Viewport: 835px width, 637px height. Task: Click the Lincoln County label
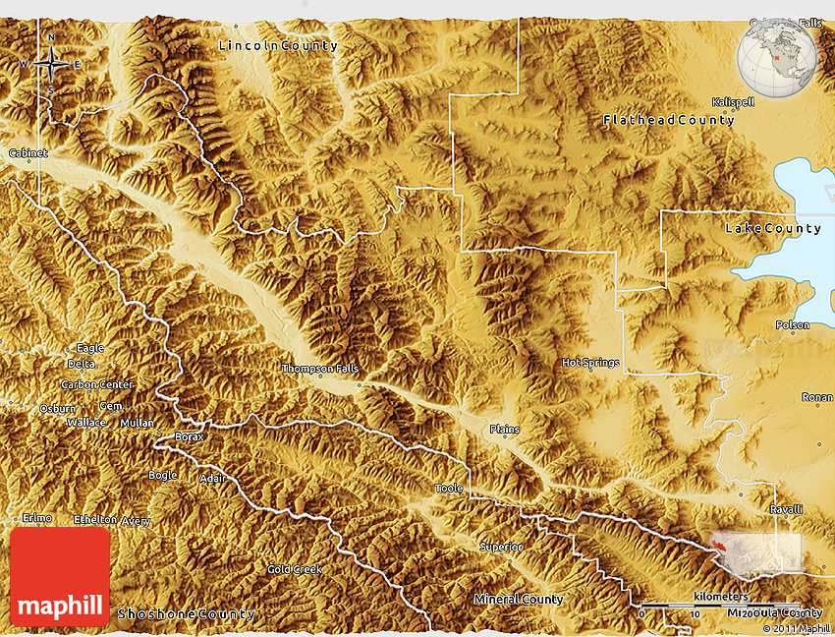(x=278, y=45)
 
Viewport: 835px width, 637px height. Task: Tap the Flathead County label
(x=669, y=120)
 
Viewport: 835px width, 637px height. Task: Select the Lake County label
(x=773, y=228)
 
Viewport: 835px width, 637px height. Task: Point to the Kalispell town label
(x=733, y=102)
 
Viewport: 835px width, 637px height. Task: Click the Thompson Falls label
(x=320, y=369)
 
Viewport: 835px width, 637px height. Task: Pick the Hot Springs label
(x=590, y=363)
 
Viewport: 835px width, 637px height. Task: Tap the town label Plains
(x=505, y=430)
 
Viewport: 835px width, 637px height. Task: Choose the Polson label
(x=793, y=325)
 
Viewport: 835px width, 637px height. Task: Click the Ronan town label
(x=817, y=397)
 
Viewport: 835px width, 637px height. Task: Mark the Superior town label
(x=501, y=547)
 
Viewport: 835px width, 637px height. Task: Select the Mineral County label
(x=519, y=599)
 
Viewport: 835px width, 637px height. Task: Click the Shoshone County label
(x=187, y=614)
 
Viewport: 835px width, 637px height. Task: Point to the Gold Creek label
(x=295, y=569)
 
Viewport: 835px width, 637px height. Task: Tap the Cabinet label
(x=28, y=153)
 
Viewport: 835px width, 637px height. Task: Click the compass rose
(x=51, y=65)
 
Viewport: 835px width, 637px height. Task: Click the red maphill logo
(x=60, y=576)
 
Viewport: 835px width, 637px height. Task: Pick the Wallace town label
(x=86, y=422)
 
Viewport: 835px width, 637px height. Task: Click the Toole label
(x=448, y=488)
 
